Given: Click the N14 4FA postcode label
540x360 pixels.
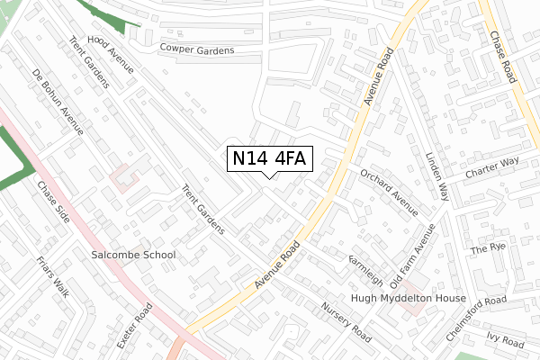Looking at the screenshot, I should [x=269, y=158].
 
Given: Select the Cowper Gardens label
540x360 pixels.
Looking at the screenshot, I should [x=196, y=49].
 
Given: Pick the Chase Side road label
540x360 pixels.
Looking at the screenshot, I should [x=52, y=203].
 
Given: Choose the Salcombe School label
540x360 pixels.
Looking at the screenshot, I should [x=134, y=256].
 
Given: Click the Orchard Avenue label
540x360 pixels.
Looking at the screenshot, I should [x=389, y=191].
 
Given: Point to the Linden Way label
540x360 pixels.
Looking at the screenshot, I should [x=437, y=176].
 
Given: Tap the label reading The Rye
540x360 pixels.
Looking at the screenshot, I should [x=490, y=247].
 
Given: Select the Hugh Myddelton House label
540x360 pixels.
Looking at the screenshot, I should [x=409, y=298].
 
